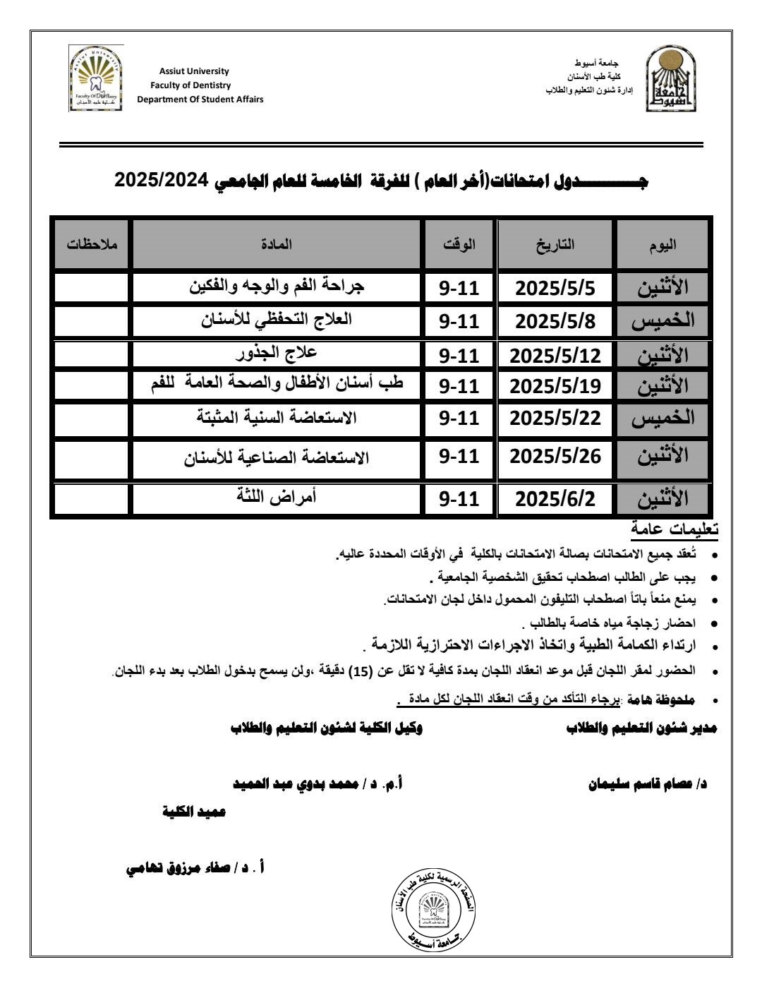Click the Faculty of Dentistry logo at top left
point(97,78)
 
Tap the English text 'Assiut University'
point(194,71)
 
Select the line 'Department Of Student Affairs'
point(200,100)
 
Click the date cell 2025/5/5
point(555,288)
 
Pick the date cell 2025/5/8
point(555,321)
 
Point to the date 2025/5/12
point(555,355)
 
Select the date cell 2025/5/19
point(555,386)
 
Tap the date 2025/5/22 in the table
point(555,418)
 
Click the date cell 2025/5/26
point(555,457)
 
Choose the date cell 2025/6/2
point(555,499)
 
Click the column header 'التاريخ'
point(555,244)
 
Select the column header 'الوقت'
point(459,244)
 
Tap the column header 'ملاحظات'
point(92,244)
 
